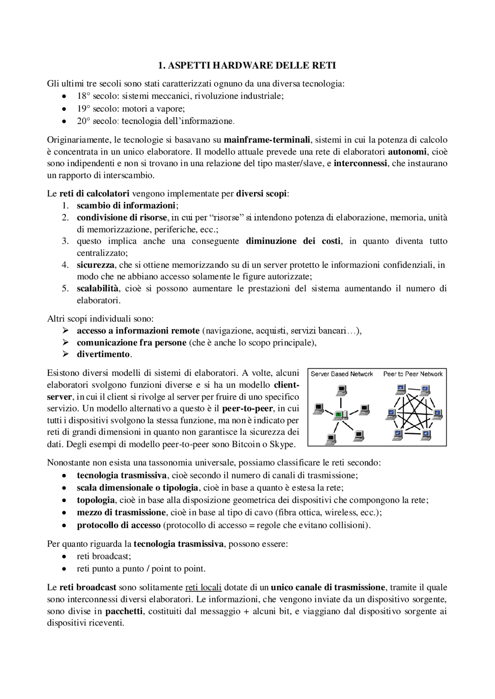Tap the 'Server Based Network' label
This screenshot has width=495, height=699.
[x=341, y=374]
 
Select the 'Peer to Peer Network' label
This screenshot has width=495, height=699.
[x=413, y=374]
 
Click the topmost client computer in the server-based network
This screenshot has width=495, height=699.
[x=341, y=391]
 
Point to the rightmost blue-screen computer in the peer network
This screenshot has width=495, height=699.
[x=437, y=414]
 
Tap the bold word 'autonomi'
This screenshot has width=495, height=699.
[x=407, y=151]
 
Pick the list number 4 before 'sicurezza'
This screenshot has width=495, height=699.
[x=65, y=265]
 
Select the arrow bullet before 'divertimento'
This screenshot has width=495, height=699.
[x=65, y=354]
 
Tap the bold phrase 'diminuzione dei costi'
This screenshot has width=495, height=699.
[x=294, y=241]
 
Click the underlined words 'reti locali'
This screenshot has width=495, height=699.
[x=203, y=588]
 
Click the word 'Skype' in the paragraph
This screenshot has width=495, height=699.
[x=283, y=444]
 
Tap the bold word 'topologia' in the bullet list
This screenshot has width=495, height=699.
[x=96, y=500]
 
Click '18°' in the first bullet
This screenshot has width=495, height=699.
[x=84, y=96]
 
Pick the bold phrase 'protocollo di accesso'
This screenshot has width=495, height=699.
[x=118, y=525]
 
